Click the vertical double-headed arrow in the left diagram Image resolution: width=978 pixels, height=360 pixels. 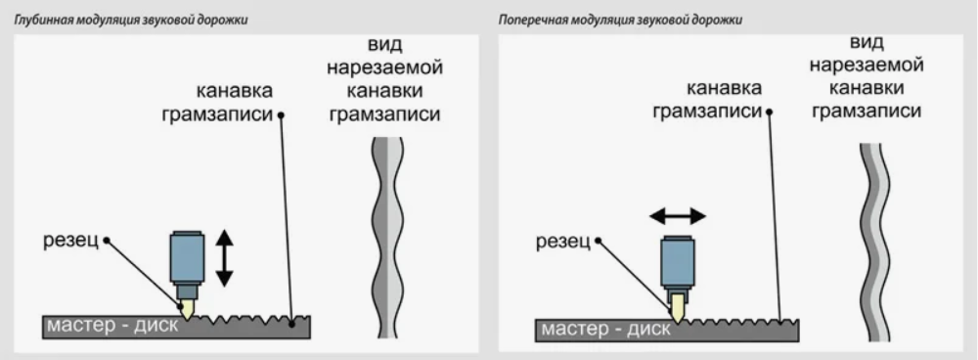(x=224, y=256)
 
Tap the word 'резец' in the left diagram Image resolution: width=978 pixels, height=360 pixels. (x=71, y=241)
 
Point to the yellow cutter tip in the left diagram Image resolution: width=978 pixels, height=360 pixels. (x=188, y=308)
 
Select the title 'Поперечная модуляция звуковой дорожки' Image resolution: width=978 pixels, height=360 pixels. (x=621, y=20)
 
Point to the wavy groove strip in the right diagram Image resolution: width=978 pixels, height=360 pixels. (x=874, y=240)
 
